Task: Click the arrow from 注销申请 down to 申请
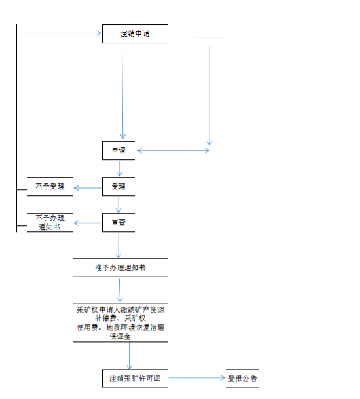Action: point(122,92)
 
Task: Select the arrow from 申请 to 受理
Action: point(120,169)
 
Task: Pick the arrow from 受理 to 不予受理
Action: point(88,188)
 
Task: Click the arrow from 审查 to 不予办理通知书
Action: point(88,223)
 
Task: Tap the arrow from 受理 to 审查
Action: point(118,204)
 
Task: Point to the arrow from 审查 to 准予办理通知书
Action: point(118,246)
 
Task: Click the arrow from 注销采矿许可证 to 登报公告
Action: point(197,377)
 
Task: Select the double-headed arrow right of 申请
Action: point(173,151)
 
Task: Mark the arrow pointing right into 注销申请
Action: point(63,33)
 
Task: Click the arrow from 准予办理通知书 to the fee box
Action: point(120,290)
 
